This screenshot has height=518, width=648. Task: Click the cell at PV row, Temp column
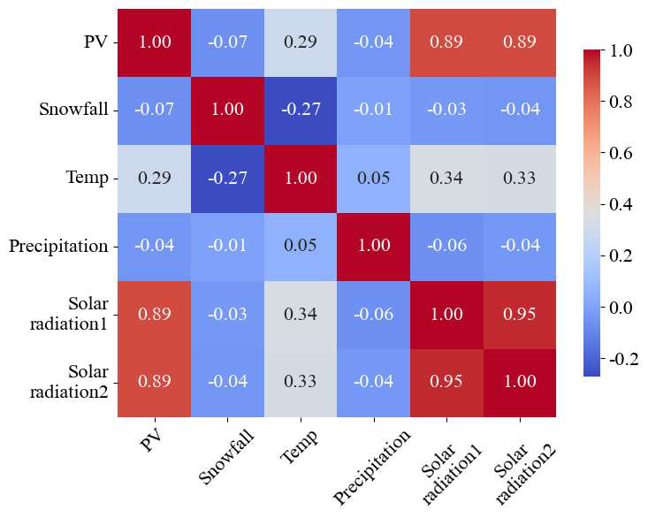(300, 42)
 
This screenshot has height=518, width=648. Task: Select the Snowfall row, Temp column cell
(300, 110)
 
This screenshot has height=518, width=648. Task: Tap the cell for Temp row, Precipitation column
(373, 179)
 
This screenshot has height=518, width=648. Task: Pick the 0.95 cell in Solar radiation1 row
(519, 314)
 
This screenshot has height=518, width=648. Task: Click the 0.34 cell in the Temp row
(446, 179)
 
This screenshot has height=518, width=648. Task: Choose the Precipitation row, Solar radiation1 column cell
(446, 246)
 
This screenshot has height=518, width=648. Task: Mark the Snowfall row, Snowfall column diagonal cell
(226, 110)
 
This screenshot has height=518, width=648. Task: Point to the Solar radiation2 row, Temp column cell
(300, 382)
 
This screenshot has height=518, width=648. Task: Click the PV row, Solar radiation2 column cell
(519, 42)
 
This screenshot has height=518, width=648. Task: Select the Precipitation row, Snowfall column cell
(226, 246)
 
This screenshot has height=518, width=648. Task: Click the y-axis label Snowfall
(73, 110)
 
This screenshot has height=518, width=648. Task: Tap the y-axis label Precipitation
(57, 246)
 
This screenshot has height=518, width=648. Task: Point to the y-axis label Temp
(86, 179)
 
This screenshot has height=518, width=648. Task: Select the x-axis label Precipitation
(372, 466)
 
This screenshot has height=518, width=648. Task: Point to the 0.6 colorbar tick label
(621, 154)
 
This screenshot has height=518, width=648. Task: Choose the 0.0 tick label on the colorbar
(621, 308)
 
